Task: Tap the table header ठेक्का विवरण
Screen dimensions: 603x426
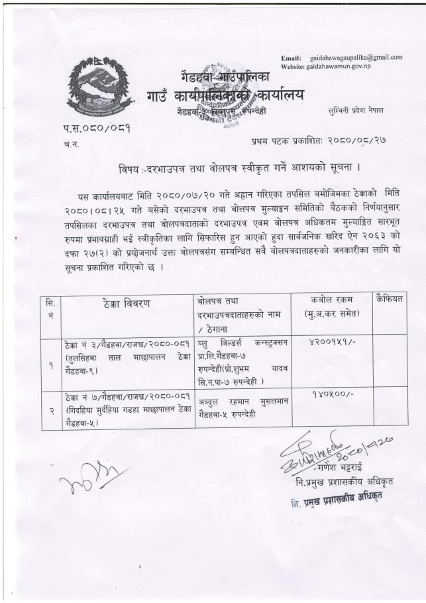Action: point(127,303)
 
